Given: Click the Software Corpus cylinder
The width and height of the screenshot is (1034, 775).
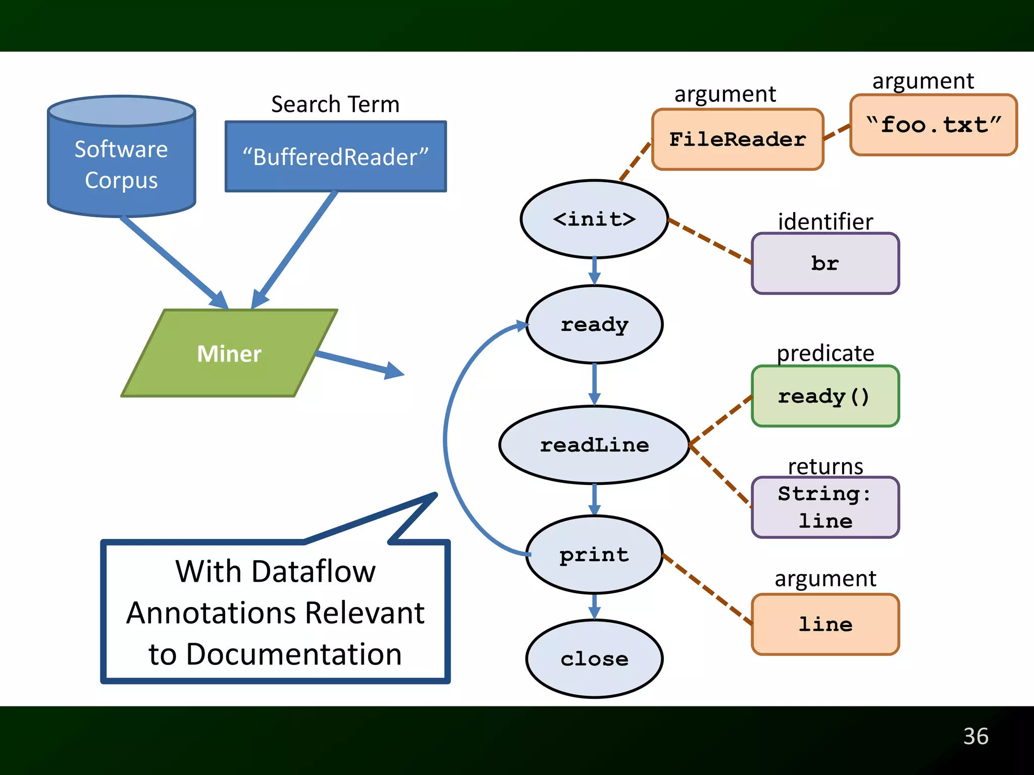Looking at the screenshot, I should (121, 161).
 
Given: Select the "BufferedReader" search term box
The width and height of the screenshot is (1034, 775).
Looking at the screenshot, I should (335, 156).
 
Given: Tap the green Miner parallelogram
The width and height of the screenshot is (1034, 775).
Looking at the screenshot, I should (229, 353).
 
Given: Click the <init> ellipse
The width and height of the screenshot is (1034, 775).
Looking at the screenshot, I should (594, 219).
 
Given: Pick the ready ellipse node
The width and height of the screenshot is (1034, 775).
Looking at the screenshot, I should (594, 324).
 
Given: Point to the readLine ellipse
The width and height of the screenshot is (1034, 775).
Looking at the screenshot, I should (594, 445).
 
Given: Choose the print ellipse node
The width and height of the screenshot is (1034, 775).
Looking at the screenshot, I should (594, 555).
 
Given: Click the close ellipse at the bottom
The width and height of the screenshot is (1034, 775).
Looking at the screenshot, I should (594, 658).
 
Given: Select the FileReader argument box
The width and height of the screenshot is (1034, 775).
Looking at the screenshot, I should (737, 139).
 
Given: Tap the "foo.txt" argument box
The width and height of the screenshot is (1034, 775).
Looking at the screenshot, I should (933, 125).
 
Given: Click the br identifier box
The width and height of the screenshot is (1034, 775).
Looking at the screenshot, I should (825, 263).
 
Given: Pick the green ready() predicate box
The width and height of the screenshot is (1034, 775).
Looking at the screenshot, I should (825, 396).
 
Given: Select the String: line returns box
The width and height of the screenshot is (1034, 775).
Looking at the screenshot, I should (825, 507).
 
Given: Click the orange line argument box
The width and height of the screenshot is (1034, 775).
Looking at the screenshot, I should (825, 624).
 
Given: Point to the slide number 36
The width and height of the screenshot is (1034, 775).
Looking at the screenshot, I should (975, 736).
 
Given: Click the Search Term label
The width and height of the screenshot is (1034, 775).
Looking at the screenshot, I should (335, 104).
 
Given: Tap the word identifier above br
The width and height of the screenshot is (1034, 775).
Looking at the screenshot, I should (825, 222).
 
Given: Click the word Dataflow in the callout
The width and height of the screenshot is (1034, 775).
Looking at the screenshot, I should (313, 571).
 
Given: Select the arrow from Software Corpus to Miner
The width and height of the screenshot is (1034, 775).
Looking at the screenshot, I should (172, 261).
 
